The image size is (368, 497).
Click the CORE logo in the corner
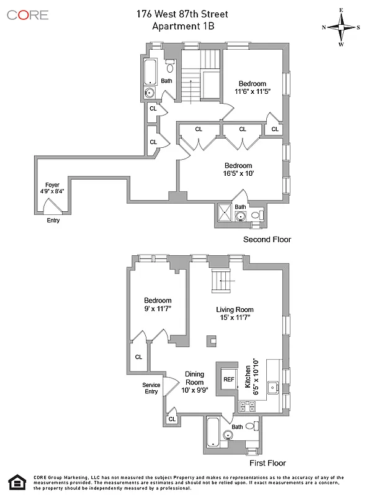pos(27,14)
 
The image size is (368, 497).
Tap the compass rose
pos(341,27)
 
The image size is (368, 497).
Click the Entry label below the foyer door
pos(53,220)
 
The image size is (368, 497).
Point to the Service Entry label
pos(151,388)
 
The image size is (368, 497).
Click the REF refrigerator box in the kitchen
pos(229,379)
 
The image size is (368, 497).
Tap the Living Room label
pos(235,313)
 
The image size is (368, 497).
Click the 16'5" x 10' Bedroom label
pos(238,170)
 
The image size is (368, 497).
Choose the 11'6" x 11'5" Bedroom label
pos(251,88)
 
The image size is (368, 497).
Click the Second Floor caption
pos(267,239)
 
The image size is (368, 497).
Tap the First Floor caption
pos(268,463)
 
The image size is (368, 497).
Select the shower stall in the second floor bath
pos(225,212)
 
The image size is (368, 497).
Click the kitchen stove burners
pos(247,407)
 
